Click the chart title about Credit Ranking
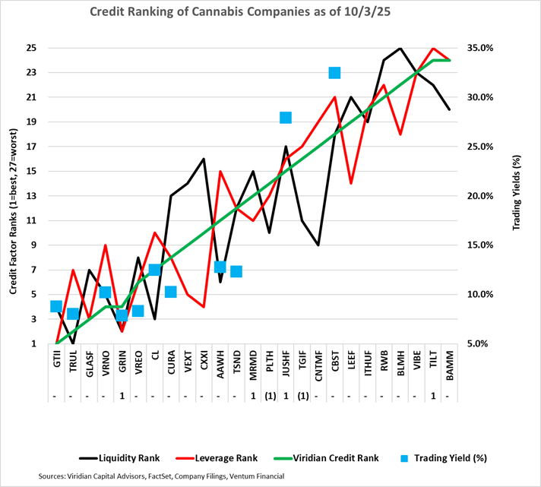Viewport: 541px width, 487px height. pyautogui.click(x=270, y=12)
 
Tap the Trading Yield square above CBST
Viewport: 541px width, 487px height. pyautogui.click(x=334, y=73)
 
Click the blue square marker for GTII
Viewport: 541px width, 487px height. pyautogui.click(x=56, y=306)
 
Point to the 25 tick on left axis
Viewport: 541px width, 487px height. pyautogui.click(x=31, y=48)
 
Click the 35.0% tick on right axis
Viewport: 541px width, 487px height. pyautogui.click(x=490, y=48)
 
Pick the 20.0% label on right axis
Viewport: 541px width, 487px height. pyautogui.click(x=490, y=196)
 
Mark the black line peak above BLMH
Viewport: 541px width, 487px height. pyautogui.click(x=400, y=48)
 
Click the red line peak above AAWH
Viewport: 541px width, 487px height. pyautogui.click(x=220, y=172)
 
